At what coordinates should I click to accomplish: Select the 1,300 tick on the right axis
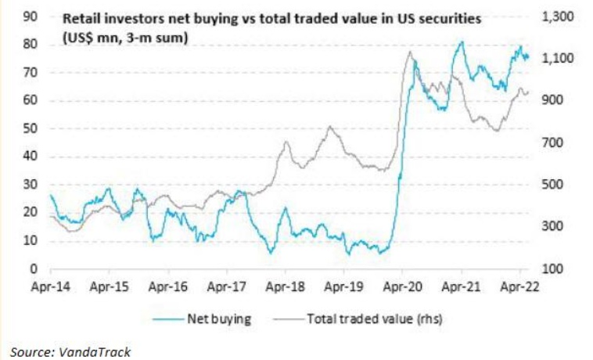pos(558,16)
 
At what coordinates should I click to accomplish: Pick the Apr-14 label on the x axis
pos(51,287)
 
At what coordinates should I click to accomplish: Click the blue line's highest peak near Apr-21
pos(462,42)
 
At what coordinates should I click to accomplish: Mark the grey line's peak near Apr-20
pos(410,52)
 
